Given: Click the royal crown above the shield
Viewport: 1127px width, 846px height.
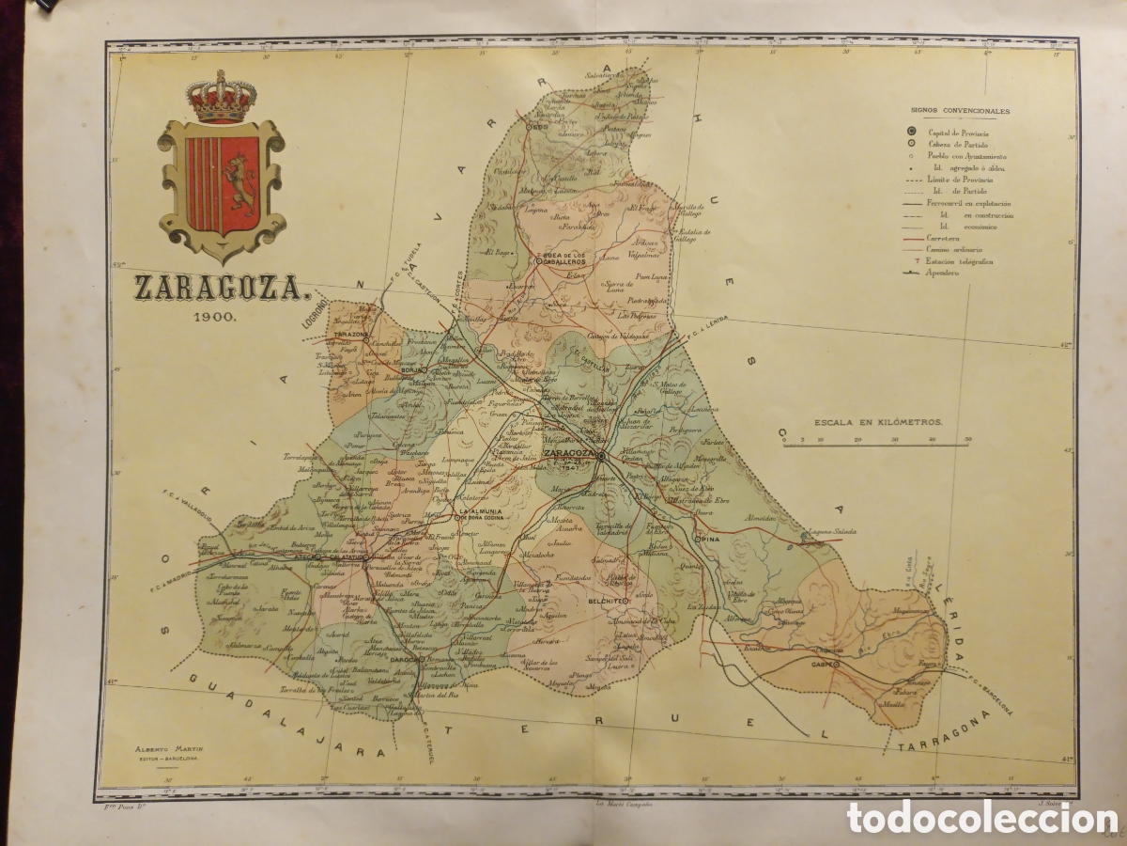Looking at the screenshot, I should [222, 98].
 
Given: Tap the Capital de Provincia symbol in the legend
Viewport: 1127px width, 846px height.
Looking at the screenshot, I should [911, 132].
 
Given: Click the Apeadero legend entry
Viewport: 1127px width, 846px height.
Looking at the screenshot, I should [939, 273].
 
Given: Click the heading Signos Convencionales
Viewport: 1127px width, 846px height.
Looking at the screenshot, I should [960, 110].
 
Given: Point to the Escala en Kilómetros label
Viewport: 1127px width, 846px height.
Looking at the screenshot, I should [878, 424].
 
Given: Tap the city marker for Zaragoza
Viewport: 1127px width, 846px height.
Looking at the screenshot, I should [600, 455].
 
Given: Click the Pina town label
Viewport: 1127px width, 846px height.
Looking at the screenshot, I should [710, 540].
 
